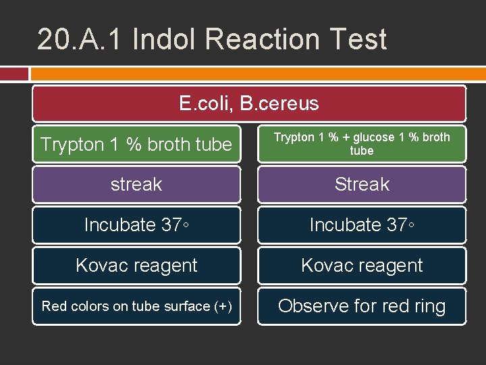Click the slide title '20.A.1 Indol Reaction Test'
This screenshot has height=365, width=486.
[x=212, y=39]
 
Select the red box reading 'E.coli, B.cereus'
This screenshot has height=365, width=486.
[x=249, y=103]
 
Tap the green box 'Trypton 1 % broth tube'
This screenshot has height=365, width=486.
[x=136, y=144]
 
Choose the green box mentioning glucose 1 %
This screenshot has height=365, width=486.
[x=362, y=144]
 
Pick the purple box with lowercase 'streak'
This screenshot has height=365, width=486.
[x=136, y=185]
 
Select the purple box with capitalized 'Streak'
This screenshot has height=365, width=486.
[x=362, y=185]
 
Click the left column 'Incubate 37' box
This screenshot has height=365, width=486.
[x=136, y=225]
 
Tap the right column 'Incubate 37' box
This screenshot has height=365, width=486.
[x=362, y=225]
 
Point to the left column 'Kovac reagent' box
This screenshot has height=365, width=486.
[x=136, y=266]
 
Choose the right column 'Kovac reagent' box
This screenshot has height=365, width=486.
[x=362, y=266]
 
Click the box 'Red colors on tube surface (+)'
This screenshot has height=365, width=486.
[x=136, y=306]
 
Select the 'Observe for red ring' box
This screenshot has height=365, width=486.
[x=362, y=306]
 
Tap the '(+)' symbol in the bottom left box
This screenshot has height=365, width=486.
[x=223, y=306]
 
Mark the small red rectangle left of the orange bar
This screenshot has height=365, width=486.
[x=14, y=74]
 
